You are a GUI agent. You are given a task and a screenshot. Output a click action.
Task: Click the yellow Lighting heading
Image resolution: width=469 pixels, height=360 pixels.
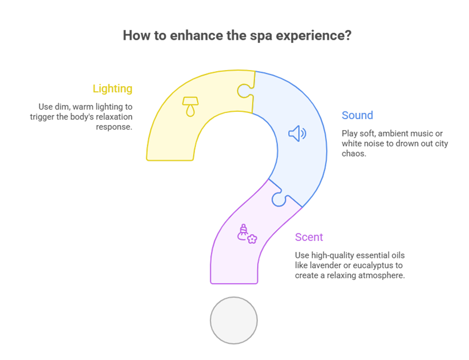click(x=112, y=89)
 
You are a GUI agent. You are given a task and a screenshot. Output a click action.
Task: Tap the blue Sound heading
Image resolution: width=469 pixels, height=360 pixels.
click(x=358, y=115)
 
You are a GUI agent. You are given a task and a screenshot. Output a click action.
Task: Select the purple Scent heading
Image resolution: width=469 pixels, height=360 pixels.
click(x=309, y=237)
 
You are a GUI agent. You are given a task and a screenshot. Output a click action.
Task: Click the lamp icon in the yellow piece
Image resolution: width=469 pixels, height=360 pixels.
click(x=191, y=106)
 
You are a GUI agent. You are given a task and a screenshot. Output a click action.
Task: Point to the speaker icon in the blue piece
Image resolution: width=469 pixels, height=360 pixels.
click(x=298, y=133)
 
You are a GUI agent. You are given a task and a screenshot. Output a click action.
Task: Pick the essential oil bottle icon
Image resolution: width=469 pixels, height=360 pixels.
click(x=247, y=234)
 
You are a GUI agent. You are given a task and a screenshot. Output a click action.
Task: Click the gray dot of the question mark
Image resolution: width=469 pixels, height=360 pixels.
click(x=233, y=320)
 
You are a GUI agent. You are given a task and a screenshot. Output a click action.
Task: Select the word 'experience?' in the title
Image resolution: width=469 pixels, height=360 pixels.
click(x=314, y=36)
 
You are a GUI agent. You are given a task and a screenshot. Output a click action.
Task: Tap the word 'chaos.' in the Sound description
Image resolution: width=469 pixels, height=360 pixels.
click(x=354, y=153)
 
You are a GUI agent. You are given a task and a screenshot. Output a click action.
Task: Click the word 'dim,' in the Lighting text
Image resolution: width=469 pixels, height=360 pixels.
click(x=62, y=107)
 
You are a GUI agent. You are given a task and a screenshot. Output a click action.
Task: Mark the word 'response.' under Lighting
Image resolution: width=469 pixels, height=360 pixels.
click(x=114, y=127)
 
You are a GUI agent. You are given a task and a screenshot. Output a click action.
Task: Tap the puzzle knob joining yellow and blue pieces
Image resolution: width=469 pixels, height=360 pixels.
click(x=245, y=91)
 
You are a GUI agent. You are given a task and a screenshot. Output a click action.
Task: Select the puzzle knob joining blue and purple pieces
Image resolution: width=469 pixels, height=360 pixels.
click(x=279, y=198)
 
